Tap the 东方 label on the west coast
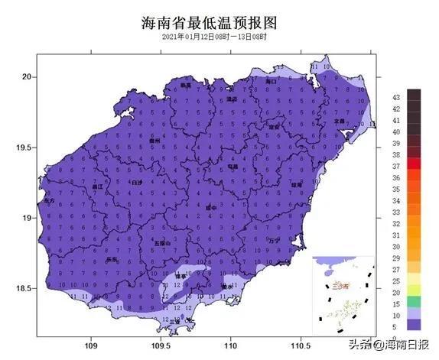(x=50, y=199)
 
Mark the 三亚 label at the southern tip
(x=174, y=321)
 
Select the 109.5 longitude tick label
(x=161, y=343)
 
